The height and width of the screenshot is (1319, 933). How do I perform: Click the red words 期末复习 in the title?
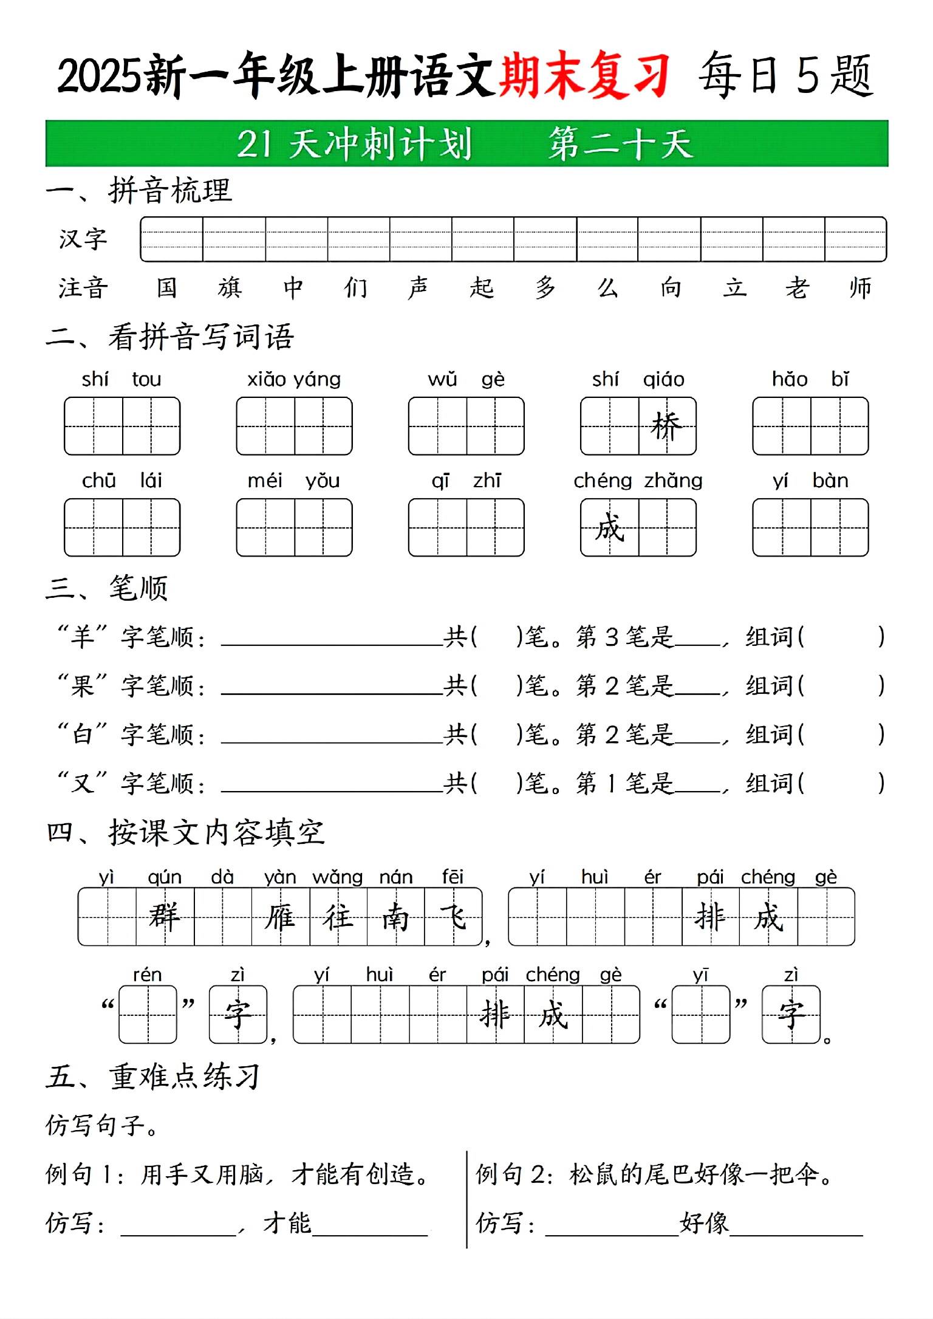coord(584,76)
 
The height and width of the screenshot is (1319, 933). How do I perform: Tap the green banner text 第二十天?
coord(620,145)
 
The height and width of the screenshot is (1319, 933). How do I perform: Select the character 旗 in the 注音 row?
coord(230,287)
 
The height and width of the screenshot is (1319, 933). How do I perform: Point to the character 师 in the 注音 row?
coord(860,287)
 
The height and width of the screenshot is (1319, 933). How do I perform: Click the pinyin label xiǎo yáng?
coord(294,380)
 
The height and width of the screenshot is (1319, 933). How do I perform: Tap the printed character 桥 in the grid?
coord(666,426)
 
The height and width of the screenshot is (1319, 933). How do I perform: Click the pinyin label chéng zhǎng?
coord(638,481)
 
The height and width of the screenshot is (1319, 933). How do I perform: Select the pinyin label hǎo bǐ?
coord(810,380)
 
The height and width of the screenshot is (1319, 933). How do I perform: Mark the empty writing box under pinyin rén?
coord(148,1014)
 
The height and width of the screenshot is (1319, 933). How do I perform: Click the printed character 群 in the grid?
coord(165,916)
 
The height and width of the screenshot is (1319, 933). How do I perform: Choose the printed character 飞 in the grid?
coord(453,916)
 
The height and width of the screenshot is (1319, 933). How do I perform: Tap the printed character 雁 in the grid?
coord(280,916)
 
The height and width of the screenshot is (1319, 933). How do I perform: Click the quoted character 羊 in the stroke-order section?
coord(83,637)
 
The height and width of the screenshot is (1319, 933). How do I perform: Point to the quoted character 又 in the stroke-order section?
coord(83,783)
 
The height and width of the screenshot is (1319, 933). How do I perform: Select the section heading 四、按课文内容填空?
coord(186,832)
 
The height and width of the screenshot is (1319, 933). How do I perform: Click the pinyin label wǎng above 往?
coord(337,877)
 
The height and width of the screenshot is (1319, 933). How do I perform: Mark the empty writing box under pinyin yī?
coord(700,1014)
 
